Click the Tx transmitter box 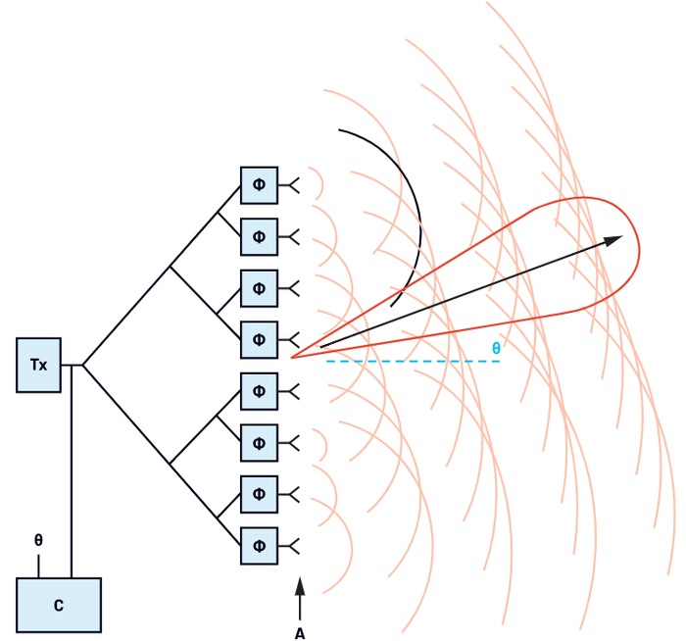(x=38, y=366)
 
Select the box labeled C (x=59, y=605)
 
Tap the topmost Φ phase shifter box (x=259, y=184)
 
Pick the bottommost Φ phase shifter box (x=259, y=546)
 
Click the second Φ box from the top (x=259, y=236)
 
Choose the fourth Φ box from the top (x=259, y=340)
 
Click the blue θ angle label (x=496, y=348)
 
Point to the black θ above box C (x=38, y=540)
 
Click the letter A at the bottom (x=300, y=633)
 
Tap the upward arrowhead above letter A (x=300, y=585)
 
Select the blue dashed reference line (x=412, y=362)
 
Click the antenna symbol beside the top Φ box (x=290, y=184)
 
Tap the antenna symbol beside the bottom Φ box (x=290, y=546)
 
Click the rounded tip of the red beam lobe (x=638, y=250)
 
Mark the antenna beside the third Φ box (x=290, y=288)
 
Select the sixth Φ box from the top (x=259, y=443)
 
